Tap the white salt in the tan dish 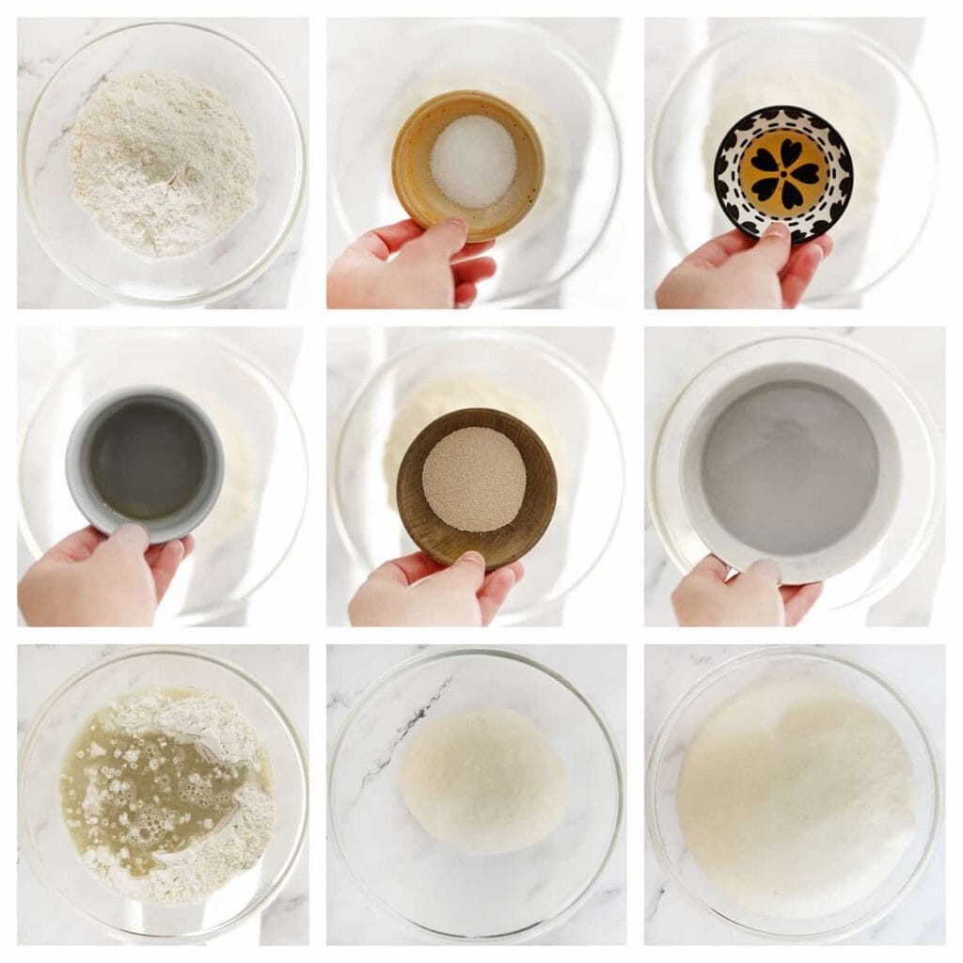click(x=472, y=161)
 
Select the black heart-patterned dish click(x=782, y=174)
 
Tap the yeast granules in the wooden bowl click(x=473, y=479)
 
